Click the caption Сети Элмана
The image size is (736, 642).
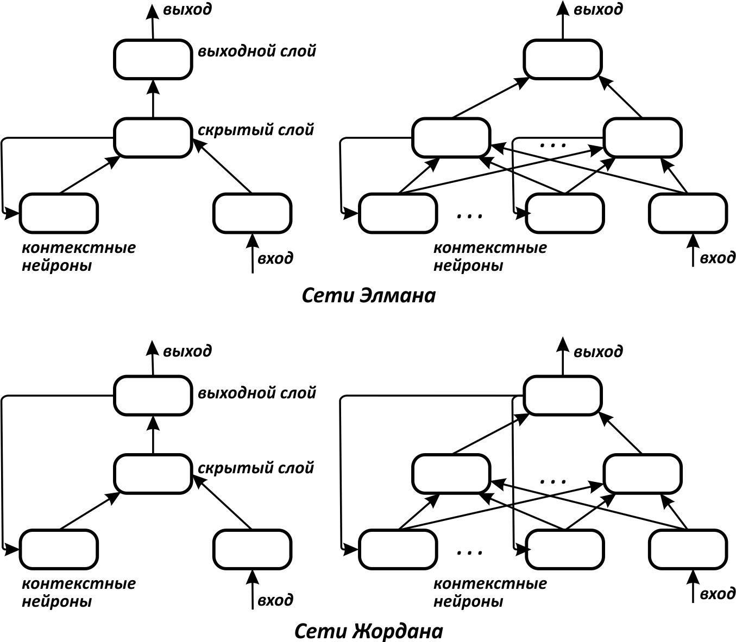click(368, 296)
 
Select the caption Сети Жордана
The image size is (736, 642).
click(368, 631)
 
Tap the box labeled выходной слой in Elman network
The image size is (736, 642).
click(153, 59)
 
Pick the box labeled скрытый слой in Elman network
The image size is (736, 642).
click(153, 137)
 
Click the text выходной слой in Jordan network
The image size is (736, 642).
click(256, 392)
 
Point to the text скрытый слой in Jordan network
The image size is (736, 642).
click(255, 467)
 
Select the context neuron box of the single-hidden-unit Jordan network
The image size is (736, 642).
click(59, 549)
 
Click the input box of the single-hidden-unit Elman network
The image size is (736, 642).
click(252, 213)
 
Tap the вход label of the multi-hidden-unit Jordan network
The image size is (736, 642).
click(717, 594)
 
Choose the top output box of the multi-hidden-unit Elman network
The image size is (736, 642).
click(562, 59)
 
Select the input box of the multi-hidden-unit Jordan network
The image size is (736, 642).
click(688, 549)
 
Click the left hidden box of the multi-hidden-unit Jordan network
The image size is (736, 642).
click(451, 474)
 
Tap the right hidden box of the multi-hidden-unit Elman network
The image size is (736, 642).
click(642, 137)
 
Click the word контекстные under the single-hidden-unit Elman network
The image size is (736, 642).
click(79, 248)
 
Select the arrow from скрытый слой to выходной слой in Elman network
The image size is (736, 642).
click(153, 99)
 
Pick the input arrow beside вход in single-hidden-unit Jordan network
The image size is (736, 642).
click(252, 589)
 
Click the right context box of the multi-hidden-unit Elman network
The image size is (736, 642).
click(564, 213)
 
